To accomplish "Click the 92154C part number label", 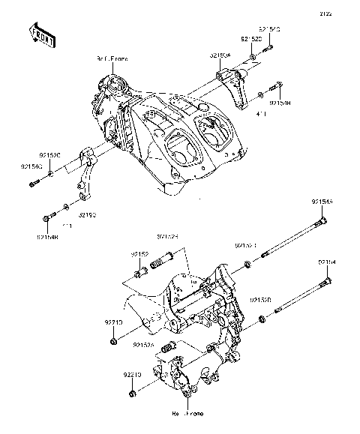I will point(30,166).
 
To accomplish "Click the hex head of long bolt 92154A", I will point(321,222).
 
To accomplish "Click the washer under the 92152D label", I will point(254,56).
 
